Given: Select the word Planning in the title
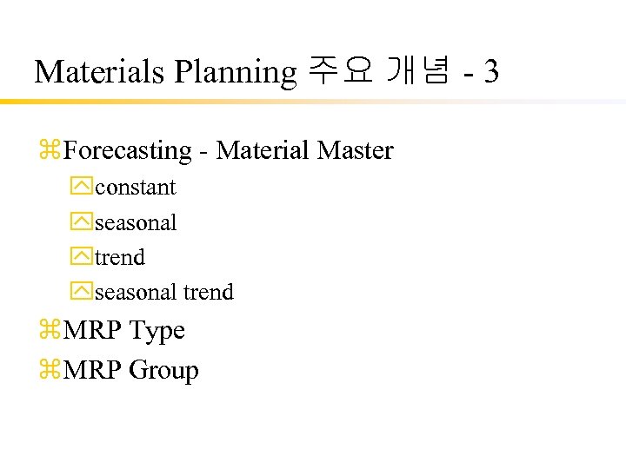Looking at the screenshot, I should click(x=236, y=72).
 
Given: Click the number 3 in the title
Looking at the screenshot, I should click(x=491, y=72).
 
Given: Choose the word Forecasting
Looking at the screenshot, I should click(x=127, y=151).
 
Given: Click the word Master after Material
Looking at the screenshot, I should click(x=356, y=151).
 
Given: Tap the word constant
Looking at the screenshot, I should click(x=135, y=188).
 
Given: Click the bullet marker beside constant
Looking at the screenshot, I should click(x=82, y=188).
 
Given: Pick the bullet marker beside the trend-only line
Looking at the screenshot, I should click(x=82, y=258).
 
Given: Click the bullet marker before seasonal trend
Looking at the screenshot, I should click(x=82, y=293).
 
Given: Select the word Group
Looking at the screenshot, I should click(x=163, y=371).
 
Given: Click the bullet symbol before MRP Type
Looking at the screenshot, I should click(x=49, y=331).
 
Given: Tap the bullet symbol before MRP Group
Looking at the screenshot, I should click(x=49, y=371).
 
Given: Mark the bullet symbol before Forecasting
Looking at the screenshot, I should click(x=49, y=151).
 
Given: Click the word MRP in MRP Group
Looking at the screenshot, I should click(x=93, y=371).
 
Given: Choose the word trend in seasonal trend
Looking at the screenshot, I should click(x=209, y=293).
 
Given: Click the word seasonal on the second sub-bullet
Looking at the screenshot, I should click(x=135, y=223).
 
